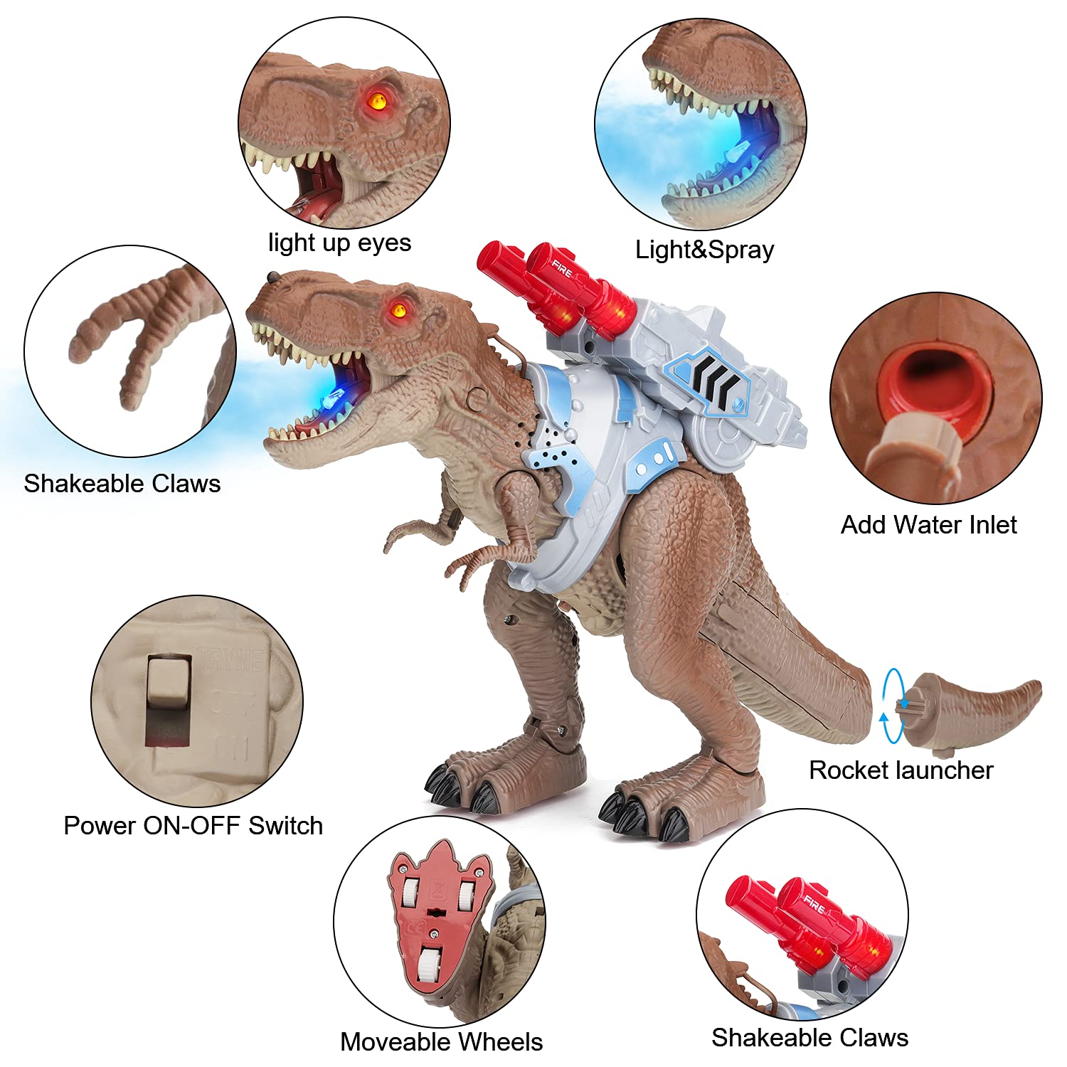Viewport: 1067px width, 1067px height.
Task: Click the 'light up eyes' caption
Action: pos(339,243)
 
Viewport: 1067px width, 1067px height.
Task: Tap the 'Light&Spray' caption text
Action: pos(704,250)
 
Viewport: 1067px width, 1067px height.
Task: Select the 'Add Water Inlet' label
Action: pos(928,525)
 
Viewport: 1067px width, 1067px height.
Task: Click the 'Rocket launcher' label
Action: pos(901,770)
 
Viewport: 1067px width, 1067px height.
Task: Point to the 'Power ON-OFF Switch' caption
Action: pos(193,825)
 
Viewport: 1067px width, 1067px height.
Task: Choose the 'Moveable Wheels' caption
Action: pos(441,1041)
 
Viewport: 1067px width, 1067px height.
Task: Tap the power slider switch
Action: pos(169,701)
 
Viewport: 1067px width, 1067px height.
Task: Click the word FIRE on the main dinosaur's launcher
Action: pos(561,269)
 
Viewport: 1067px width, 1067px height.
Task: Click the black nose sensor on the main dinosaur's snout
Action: pos(272,275)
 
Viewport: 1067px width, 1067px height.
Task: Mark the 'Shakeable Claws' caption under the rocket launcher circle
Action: pos(809,1037)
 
